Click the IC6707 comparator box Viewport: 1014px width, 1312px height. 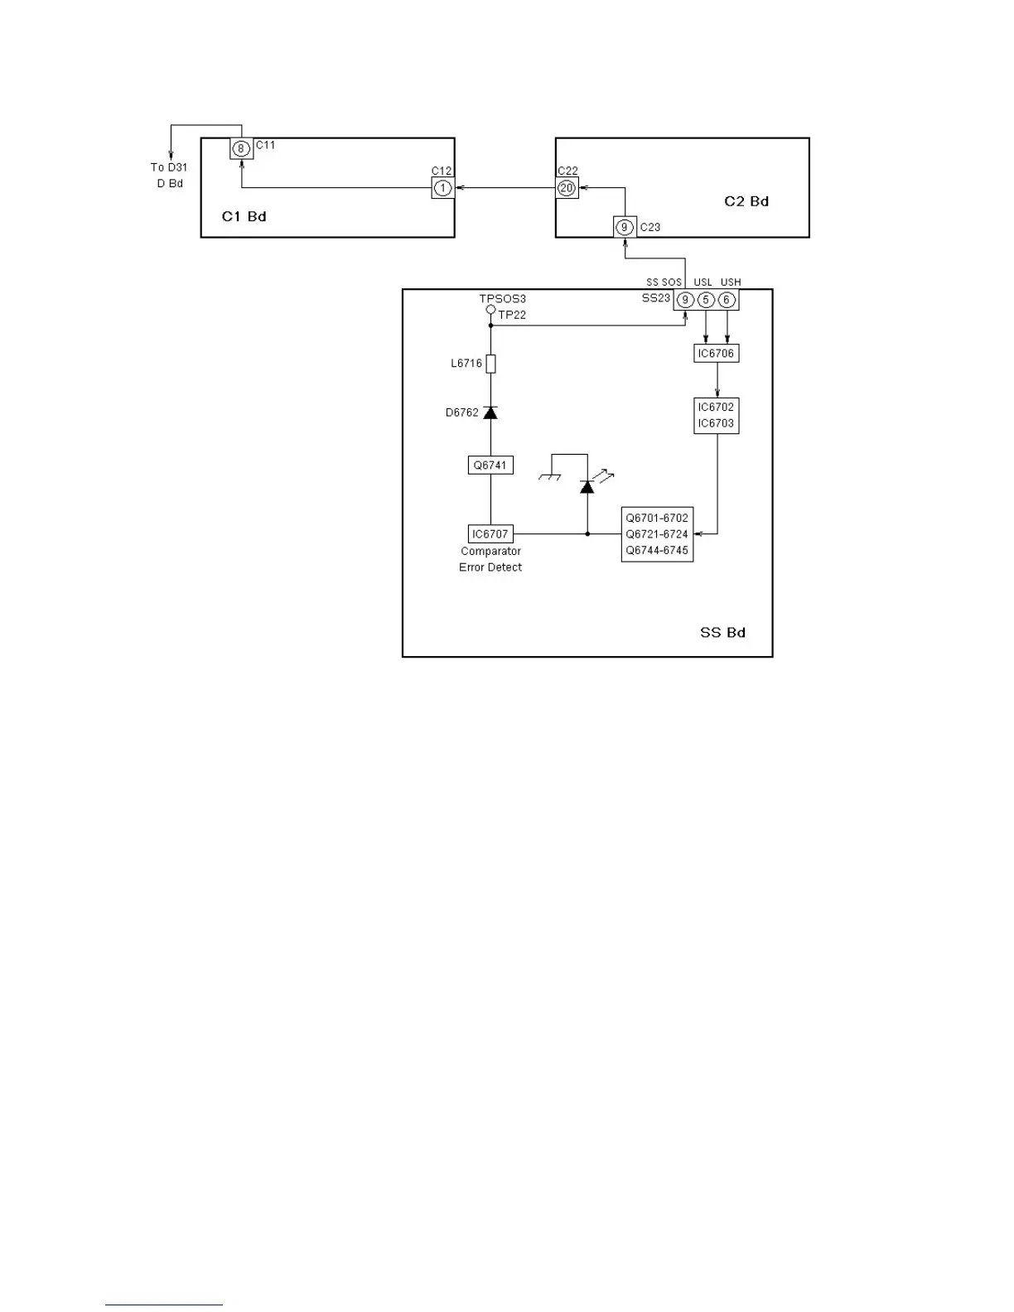pyautogui.click(x=490, y=534)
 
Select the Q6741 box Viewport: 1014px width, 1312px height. pyautogui.click(x=490, y=465)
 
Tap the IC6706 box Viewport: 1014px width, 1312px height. pyautogui.click(x=716, y=354)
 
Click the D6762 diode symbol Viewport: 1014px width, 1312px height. pyautogui.click(x=490, y=412)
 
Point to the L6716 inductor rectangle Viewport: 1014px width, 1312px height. pyautogui.click(x=490, y=364)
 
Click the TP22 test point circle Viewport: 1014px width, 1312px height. pyautogui.click(x=490, y=310)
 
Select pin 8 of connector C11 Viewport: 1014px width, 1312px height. pyautogui.click(x=241, y=149)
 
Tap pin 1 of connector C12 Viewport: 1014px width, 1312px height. pyautogui.click(x=443, y=188)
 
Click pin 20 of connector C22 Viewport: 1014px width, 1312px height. pyautogui.click(x=567, y=188)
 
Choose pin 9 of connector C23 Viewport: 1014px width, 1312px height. pyautogui.click(x=625, y=227)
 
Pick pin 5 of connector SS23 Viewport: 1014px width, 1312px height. pyautogui.click(x=706, y=300)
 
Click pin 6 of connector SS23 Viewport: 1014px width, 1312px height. pyautogui.click(x=727, y=300)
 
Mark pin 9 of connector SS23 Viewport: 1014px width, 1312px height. pyautogui.click(x=685, y=300)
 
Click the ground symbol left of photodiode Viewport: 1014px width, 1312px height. pyautogui.click(x=549, y=477)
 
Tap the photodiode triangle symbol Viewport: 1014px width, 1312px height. pyautogui.click(x=587, y=486)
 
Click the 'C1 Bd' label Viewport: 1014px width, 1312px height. pyautogui.click(x=244, y=217)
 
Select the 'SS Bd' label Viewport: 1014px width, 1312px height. pyautogui.click(x=722, y=633)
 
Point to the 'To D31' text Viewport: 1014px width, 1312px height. pyautogui.click(x=169, y=167)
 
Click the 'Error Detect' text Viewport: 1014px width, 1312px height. pyautogui.click(x=490, y=567)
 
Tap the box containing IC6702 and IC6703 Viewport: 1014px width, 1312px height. pyautogui.click(x=716, y=416)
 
